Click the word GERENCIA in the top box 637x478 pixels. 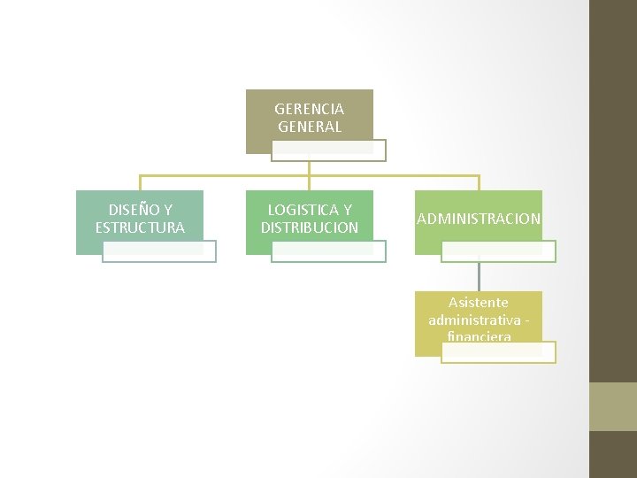tap(309, 109)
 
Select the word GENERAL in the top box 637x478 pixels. tap(309, 127)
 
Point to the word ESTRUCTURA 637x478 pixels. tap(140, 227)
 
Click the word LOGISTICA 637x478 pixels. tap(301, 210)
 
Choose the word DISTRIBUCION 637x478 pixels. tap(309, 227)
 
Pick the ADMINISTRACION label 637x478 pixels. tap(478, 219)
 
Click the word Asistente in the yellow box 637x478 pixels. tap(478, 303)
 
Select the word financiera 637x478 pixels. tap(479, 336)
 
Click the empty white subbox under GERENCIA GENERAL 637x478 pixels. tap(328, 151)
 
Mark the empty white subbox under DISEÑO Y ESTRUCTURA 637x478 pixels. tap(158, 252)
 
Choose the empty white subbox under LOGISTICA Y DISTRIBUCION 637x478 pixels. tap(328, 252)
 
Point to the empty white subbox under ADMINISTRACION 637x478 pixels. tap(498, 252)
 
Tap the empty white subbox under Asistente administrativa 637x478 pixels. tap(498, 352)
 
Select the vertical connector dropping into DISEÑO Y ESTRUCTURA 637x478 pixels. tap(140, 182)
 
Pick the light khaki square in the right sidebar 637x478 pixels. tap(613, 406)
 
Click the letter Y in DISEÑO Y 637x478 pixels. tap(167, 210)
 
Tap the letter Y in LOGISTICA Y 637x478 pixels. tap(346, 210)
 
